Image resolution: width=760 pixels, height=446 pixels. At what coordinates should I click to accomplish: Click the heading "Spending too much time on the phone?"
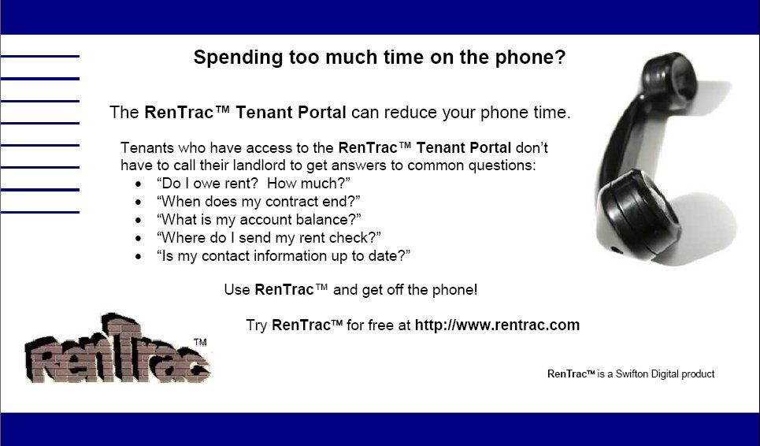[380, 58]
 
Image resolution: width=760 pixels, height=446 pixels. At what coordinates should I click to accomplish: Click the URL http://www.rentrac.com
[497, 325]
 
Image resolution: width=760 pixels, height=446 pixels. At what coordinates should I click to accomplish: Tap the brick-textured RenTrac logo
[117, 348]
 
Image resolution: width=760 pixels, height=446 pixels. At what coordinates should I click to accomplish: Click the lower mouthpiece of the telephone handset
[637, 214]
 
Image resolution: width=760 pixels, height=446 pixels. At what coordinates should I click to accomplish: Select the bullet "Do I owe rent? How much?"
[253, 184]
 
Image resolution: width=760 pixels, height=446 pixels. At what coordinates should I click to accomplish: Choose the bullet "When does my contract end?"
[258, 201]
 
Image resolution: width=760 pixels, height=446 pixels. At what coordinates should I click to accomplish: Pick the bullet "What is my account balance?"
[259, 220]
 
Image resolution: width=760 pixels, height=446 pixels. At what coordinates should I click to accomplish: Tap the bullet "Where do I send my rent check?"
[269, 237]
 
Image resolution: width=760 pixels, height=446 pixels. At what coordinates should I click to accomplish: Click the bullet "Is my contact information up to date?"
[284, 255]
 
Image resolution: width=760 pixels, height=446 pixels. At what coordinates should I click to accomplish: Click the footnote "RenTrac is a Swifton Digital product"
[631, 374]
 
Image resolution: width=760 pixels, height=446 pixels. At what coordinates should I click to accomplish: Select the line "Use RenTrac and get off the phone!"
[351, 290]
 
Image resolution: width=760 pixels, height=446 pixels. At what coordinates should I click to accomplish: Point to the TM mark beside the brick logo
[200, 342]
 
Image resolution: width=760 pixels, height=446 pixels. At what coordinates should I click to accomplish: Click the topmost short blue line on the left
[39, 56]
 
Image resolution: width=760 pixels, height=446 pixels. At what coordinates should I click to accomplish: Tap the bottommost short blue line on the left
[39, 212]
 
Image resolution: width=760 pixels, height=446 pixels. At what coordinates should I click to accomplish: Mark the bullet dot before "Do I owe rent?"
[139, 184]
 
